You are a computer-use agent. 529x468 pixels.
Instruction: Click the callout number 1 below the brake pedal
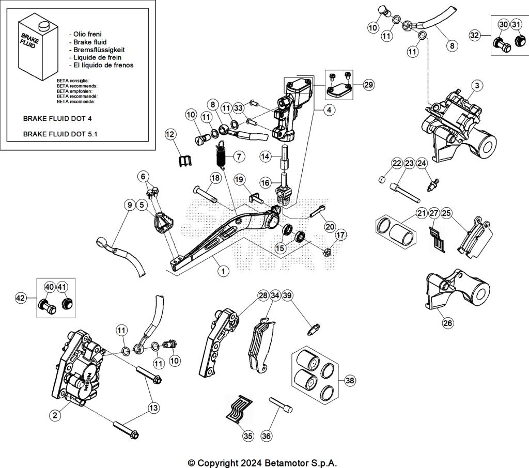[x=223, y=270]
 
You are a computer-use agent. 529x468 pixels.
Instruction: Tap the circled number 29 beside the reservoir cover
[x=368, y=85]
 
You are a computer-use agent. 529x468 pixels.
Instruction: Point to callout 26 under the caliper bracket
[x=447, y=323]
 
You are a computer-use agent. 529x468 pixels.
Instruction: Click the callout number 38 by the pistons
[x=350, y=381]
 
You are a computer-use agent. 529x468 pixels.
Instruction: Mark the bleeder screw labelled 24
[x=433, y=184]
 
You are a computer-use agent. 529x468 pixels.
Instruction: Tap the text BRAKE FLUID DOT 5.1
[x=60, y=134]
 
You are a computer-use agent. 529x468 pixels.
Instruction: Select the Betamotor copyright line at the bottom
[x=262, y=462]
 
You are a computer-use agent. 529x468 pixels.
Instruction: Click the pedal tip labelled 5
[x=161, y=223]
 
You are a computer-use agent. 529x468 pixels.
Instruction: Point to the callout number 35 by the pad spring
[x=248, y=436]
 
